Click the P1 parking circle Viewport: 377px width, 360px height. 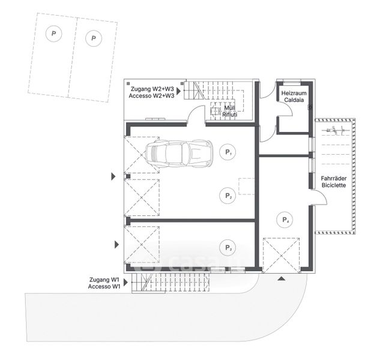[228, 152]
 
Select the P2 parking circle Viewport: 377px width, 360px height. [228, 196]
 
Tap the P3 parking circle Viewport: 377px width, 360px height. [228, 247]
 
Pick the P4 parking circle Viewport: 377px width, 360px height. [286, 220]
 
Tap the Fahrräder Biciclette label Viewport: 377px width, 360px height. [333, 182]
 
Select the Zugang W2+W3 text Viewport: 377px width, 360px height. [151, 88]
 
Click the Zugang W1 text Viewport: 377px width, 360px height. [104, 280]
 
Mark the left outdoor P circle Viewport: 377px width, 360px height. [54, 34]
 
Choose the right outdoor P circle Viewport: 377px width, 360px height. [93, 40]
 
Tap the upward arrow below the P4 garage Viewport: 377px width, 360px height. [280, 278]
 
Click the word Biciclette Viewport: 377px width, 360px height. [333, 186]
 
